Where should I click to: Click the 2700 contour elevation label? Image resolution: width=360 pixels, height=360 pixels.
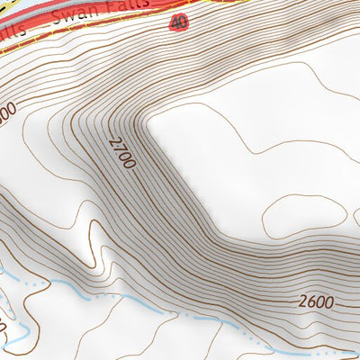click(121, 153)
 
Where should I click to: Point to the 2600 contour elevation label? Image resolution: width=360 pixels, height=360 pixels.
click(315, 303)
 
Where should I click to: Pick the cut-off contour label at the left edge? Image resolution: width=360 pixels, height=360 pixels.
click(7, 113)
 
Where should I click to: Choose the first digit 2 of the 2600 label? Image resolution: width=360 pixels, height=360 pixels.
click(301, 303)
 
